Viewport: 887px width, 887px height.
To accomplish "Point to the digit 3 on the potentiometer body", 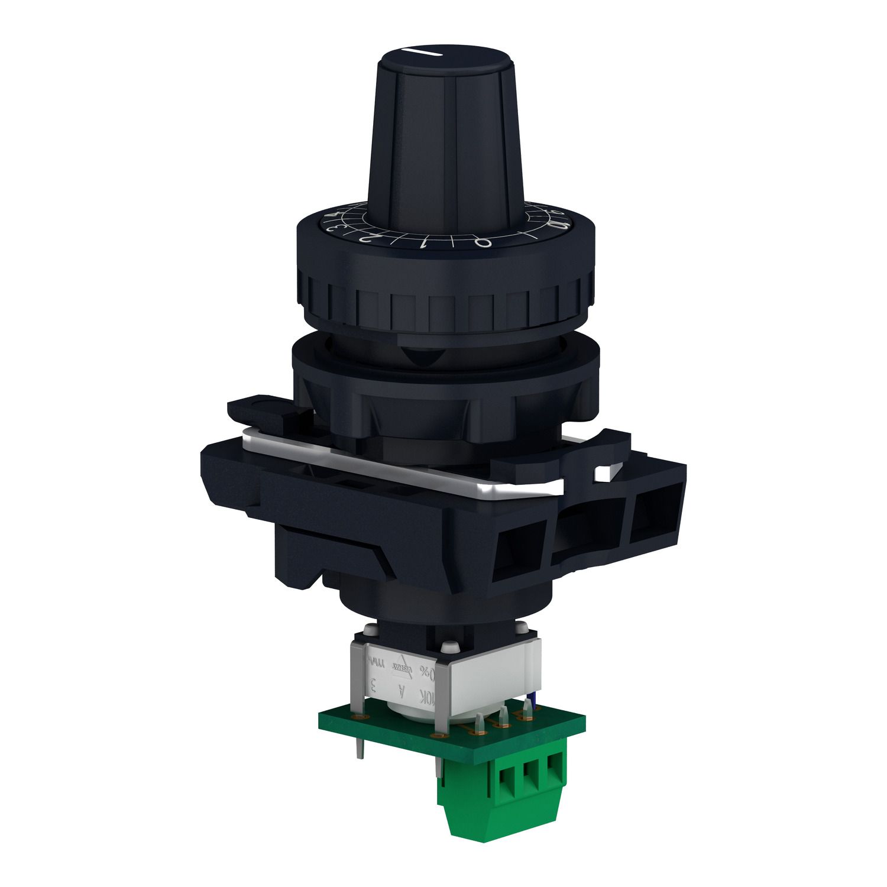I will (x=373, y=687).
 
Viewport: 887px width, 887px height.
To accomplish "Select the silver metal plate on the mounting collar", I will (x=402, y=467).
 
